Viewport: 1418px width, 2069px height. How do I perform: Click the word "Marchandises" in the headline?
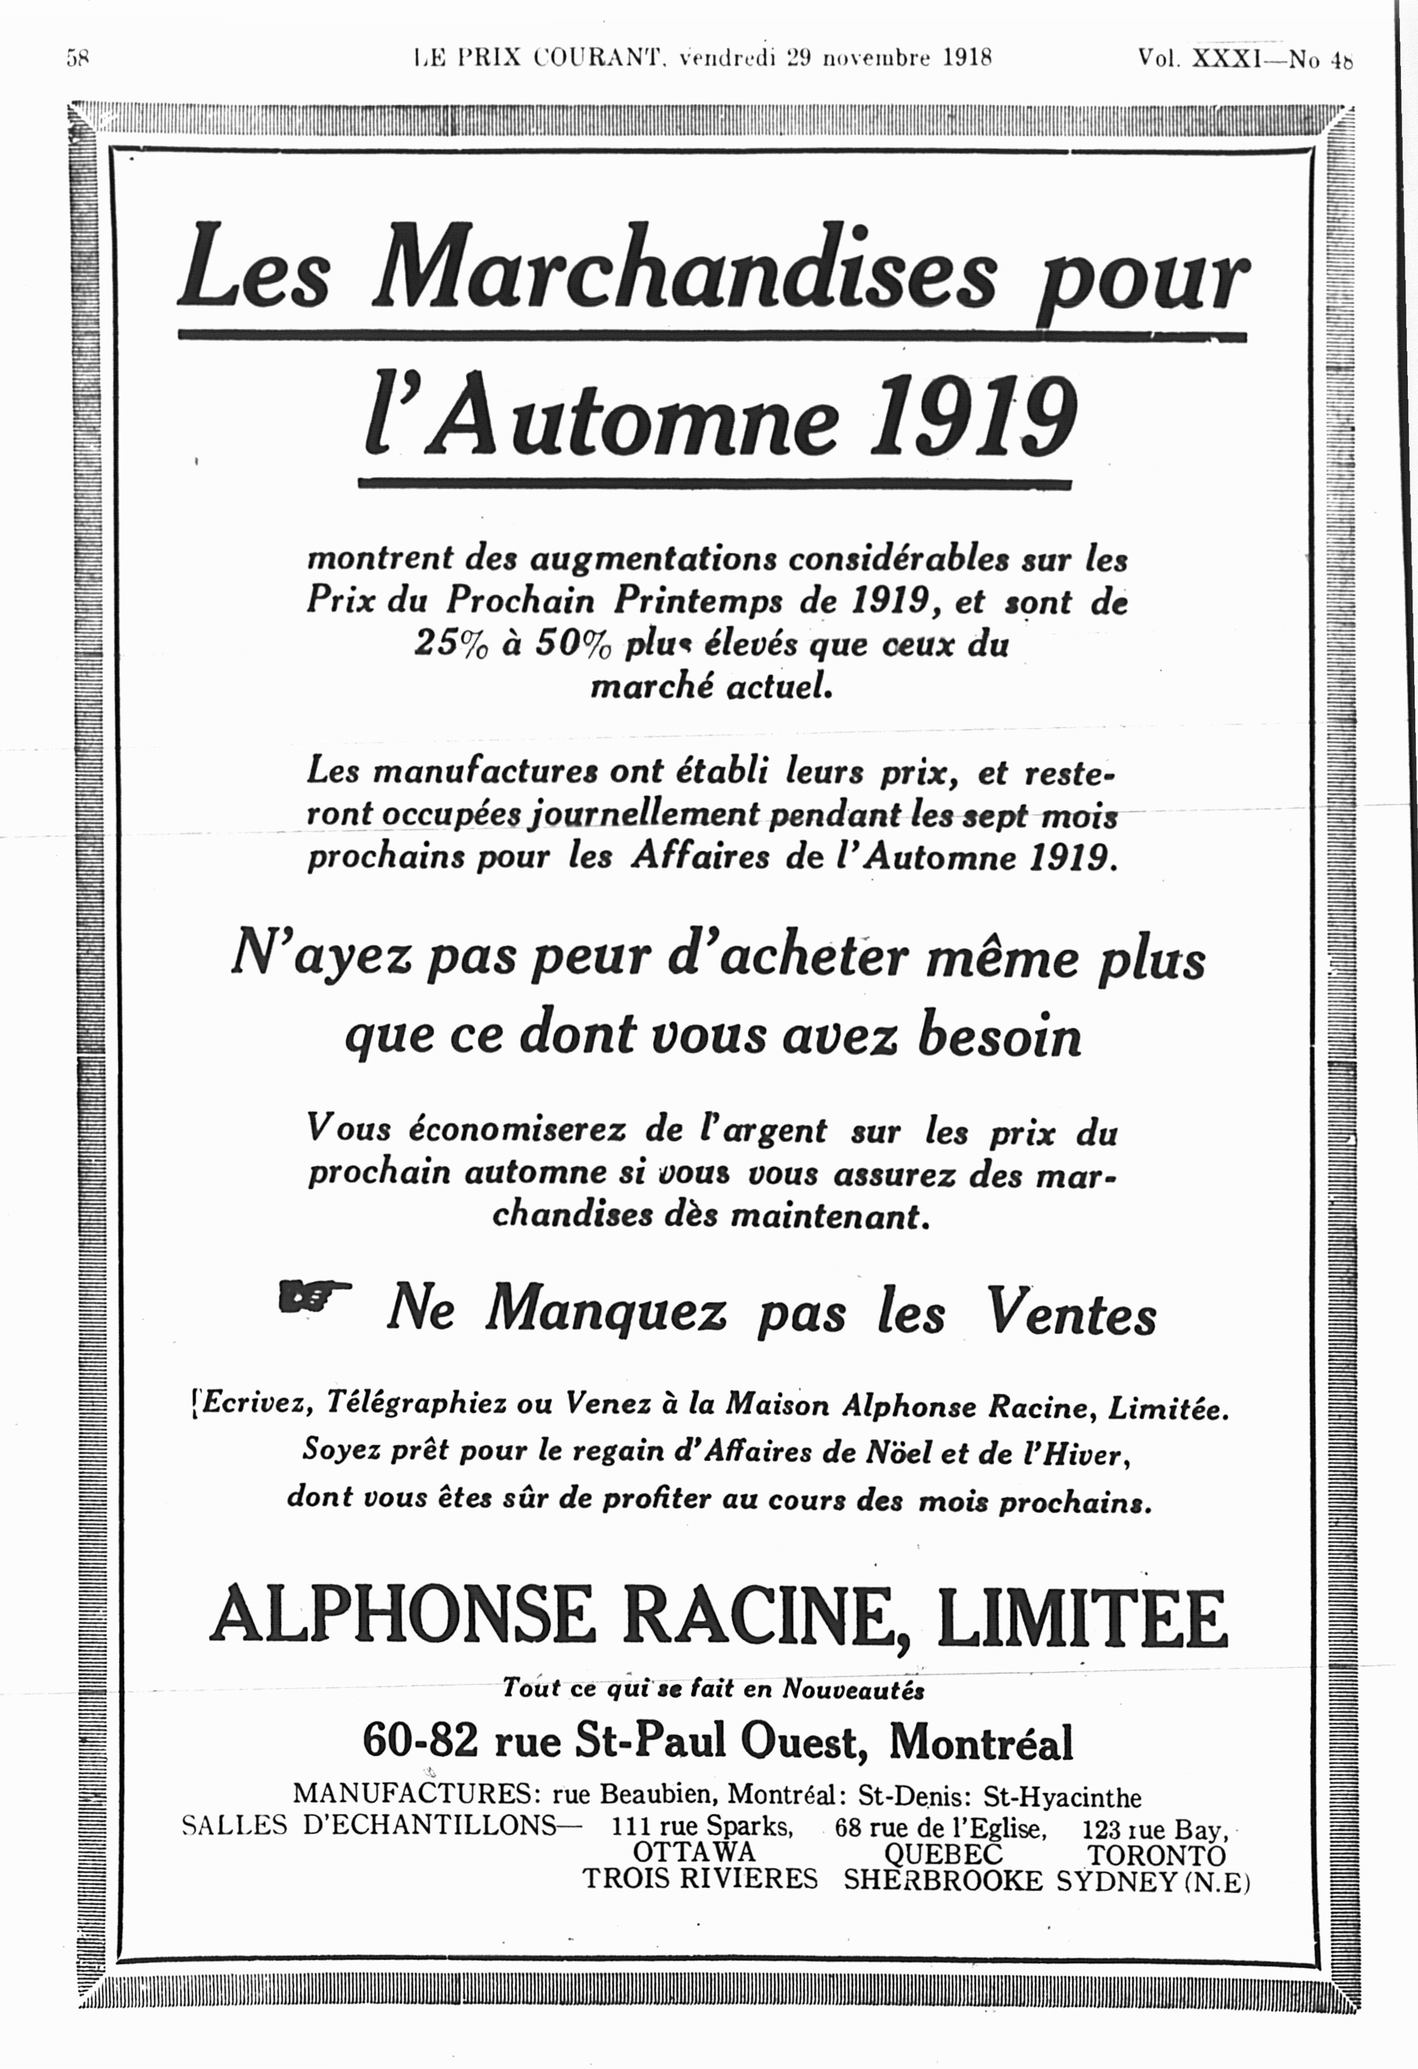tap(685, 271)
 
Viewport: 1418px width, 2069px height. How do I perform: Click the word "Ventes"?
tap(1071, 1314)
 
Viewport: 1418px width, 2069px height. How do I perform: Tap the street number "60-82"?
tap(420, 1742)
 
